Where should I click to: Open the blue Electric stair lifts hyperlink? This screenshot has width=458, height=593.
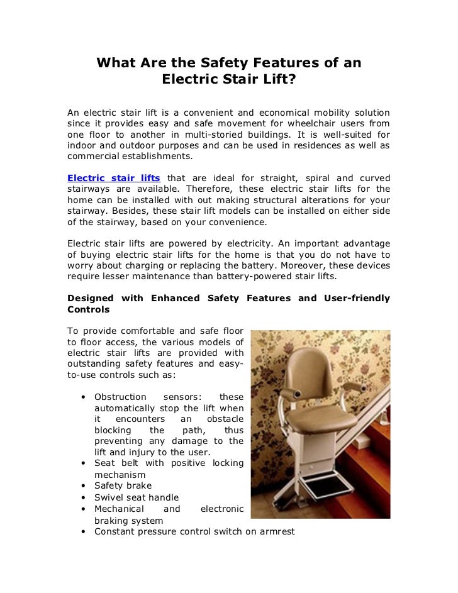[114, 177]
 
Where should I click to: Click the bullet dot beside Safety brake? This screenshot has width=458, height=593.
[84, 486]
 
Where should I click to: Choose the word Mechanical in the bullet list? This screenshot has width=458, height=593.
[120, 509]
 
